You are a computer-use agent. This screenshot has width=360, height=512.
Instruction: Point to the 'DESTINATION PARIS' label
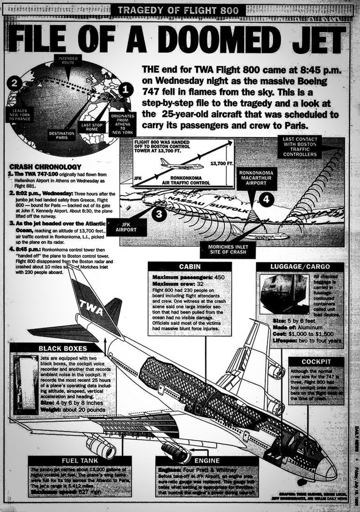point(61,135)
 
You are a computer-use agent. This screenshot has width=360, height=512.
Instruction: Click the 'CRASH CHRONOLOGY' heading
point(48,167)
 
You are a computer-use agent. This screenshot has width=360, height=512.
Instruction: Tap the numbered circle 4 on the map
point(266,197)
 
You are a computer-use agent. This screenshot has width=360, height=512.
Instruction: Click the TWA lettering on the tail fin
point(91,305)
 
